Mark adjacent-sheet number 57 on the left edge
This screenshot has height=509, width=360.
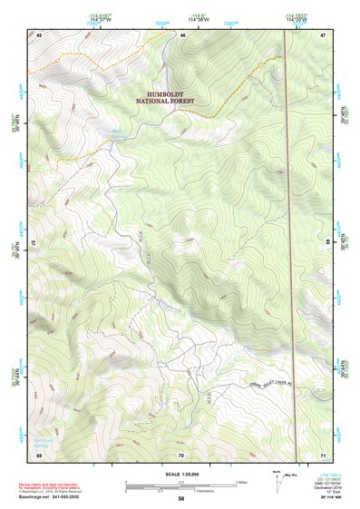(34, 243)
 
